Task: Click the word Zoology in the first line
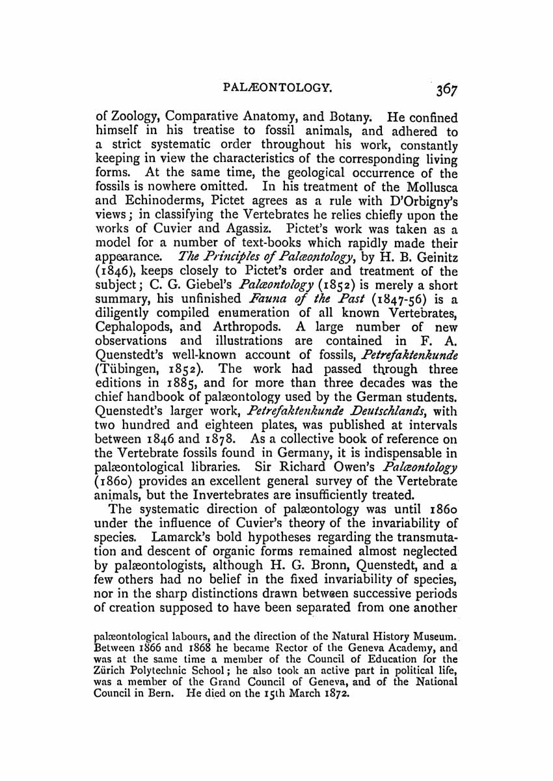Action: click(132, 118)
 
